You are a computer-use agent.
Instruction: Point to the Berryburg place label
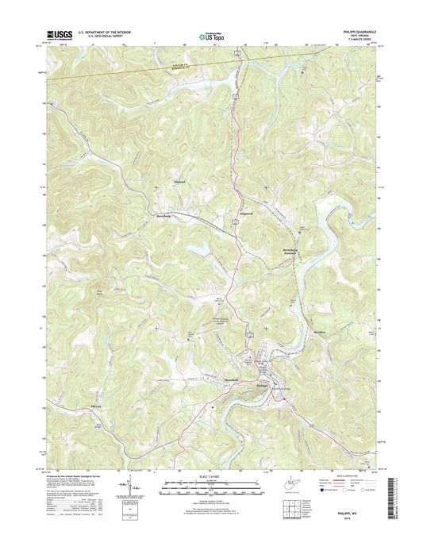pos(163,214)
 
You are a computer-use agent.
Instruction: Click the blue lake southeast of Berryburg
pos(200,249)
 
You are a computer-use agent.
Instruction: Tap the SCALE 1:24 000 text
pos(210,475)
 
